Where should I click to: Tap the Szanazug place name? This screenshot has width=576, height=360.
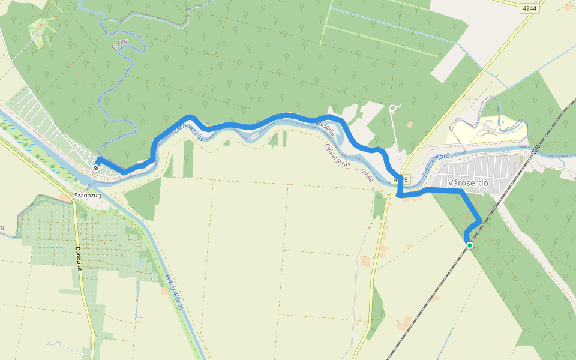[x=86, y=196]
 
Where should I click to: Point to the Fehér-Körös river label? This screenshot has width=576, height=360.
[x=173, y=291]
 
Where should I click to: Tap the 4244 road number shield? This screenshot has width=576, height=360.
[x=530, y=8]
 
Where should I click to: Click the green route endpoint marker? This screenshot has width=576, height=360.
[x=469, y=245]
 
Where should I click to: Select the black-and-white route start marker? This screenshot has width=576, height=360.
[x=96, y=168]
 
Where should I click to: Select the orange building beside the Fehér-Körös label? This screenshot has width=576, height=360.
[x=164, y=290]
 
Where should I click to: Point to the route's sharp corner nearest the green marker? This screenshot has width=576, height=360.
[x=479, y=222]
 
